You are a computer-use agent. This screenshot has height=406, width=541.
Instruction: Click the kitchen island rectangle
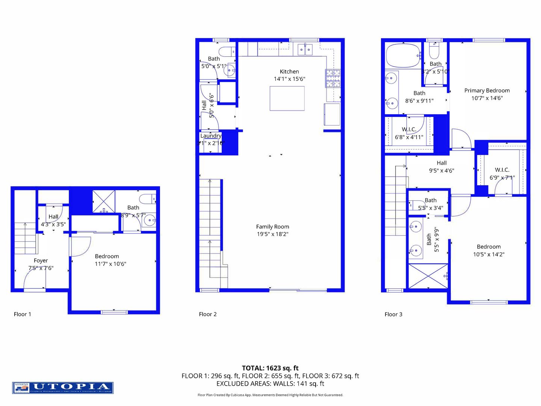287,98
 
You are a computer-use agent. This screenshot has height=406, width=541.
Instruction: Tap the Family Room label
272,227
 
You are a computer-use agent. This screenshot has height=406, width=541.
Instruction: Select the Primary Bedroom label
487,91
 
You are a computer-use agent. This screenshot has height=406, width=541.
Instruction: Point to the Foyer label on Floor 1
41,261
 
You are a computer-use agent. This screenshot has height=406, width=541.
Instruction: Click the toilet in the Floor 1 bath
147,198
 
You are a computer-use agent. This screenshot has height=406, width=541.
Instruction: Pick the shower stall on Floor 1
104,201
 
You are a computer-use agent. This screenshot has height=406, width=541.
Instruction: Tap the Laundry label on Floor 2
211,136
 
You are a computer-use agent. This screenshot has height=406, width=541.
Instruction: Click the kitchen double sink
305,49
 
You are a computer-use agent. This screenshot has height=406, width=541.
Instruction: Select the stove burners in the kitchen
333,78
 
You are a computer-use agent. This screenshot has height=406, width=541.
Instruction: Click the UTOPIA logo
63,388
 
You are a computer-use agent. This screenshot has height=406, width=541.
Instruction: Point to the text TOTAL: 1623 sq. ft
270,368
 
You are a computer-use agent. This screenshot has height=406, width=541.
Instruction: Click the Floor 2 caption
208,314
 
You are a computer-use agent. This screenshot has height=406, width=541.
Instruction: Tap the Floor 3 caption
393,314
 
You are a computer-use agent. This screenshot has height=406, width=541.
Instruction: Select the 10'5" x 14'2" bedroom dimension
488,255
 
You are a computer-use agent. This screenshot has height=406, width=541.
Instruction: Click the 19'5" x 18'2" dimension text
272,234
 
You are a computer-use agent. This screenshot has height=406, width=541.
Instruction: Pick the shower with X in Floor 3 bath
428,276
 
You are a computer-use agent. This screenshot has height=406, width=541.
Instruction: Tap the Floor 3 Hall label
441,163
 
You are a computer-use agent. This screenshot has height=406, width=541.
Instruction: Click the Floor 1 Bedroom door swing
80,246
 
